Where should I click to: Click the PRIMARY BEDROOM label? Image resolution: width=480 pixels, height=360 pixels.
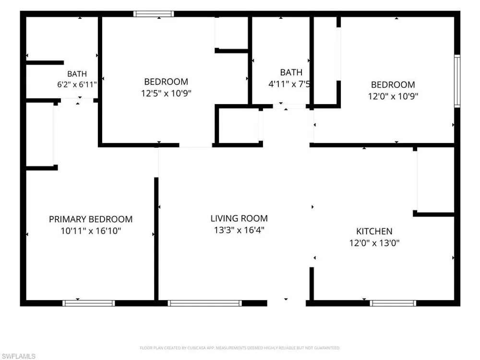tap(91, 219)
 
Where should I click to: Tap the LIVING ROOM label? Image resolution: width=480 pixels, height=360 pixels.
tap(239, 218)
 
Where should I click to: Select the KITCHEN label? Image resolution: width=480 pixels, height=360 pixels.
tap(374, 231)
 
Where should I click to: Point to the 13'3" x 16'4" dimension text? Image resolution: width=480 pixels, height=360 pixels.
tap(239, 230)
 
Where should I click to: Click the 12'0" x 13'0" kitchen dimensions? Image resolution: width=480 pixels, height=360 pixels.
tap(374, 243)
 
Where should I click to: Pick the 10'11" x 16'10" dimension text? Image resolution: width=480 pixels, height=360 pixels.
tap(91, 231)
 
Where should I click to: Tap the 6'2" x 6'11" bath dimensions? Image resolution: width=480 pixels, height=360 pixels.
tap(77, 84)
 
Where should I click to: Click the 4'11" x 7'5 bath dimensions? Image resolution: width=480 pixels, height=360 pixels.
tap(289, 84)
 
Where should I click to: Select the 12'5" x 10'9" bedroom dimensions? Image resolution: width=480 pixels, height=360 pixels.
tap(166, 93)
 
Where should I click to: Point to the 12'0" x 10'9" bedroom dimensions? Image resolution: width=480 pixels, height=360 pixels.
tap(393, 96)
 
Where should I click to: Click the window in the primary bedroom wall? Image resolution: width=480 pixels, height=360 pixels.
tap(89, 303)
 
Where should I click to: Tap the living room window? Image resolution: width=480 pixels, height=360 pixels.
tap(205, 303)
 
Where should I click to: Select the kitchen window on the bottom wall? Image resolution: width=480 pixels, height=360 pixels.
tap(393, 303)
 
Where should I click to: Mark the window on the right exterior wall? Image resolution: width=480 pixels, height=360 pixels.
tap(457, 81)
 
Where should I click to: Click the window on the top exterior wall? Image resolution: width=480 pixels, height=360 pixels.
tap(154, 14)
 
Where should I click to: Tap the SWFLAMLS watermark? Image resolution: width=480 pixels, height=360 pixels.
tap(18, 356)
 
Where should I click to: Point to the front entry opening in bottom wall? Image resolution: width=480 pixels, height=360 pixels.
tap(287, 303)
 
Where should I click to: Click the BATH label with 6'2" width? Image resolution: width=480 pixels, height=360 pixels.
tap(77, 74)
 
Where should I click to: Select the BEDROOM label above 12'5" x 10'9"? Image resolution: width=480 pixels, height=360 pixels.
tap(166, 82)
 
